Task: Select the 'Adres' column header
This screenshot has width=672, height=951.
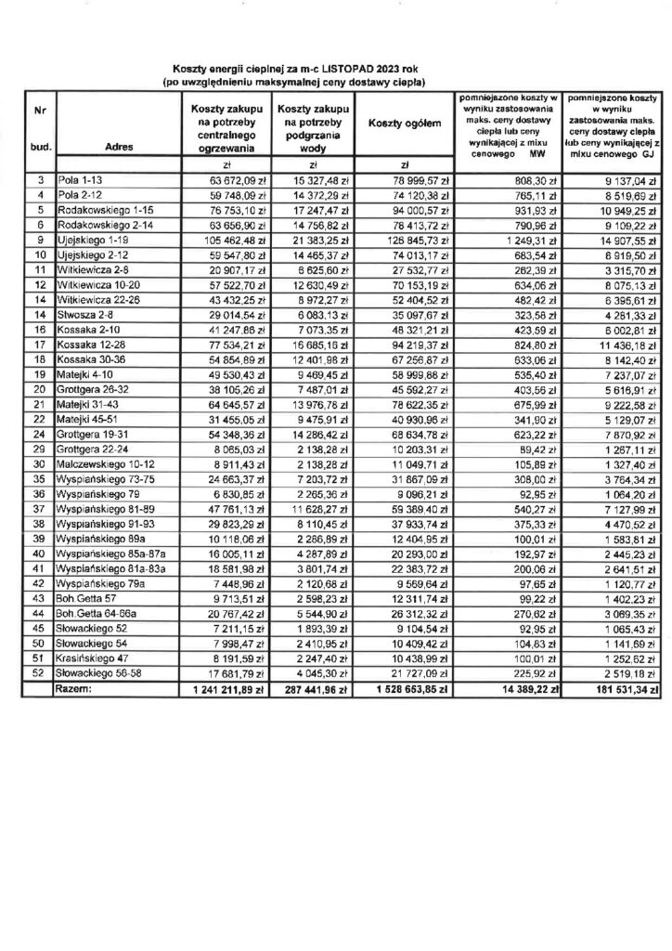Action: pos(119,146)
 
